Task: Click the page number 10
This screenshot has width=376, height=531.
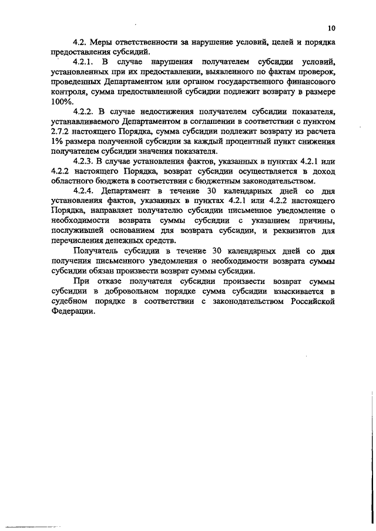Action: tap(332, 28)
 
